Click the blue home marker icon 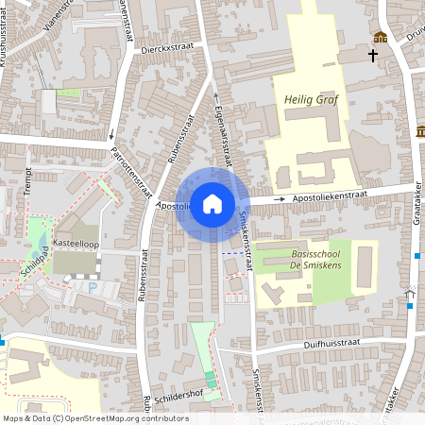coord(212,203)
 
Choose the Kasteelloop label coord(77,242)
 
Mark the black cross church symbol coord(373,56)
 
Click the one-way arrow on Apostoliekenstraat coord(280,200)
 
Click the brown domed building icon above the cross coord(381,37)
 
